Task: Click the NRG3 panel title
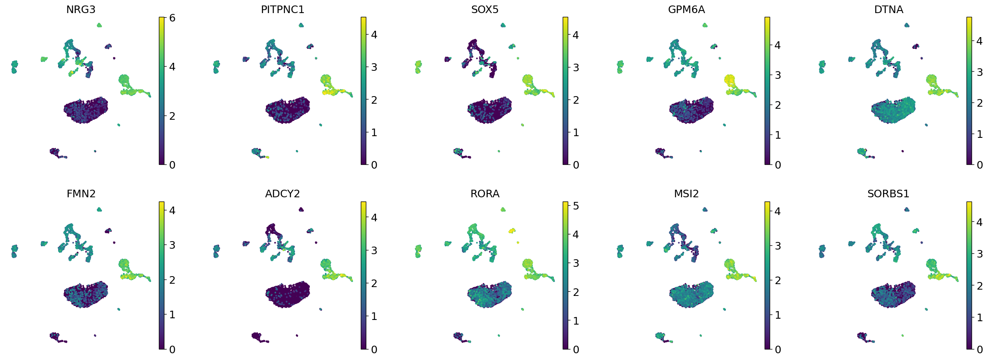click(x=81, y=10)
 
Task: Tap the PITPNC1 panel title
click(x=282, y=10)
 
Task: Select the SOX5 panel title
click(x=485, y=10)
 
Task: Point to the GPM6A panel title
click(x=686, y=10)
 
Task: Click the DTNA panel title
click(x=889, y=10)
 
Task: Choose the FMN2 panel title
click(x=81, y=194)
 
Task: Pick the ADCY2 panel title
click(x=282, y=194)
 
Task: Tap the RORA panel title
click(x=485, y=194)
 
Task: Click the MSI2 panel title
click(x=686, y=194)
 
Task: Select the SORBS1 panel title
click(x=888, y=194)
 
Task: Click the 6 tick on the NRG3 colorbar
click(x=172, y=18)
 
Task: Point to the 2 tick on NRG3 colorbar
click(x=172, y=116)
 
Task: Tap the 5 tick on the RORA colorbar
click(x=576, y=206)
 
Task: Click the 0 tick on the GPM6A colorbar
click(x=778, y=165)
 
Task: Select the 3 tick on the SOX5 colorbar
click(x=576, y=67)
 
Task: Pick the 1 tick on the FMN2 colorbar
click(x=172, y=314)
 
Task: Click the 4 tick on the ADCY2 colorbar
click(x=374, y=218)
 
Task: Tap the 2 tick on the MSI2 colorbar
click(x=778, y=280)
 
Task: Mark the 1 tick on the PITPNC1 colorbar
click(x=374, y=132)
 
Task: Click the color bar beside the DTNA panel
click(x=969, y=91)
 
